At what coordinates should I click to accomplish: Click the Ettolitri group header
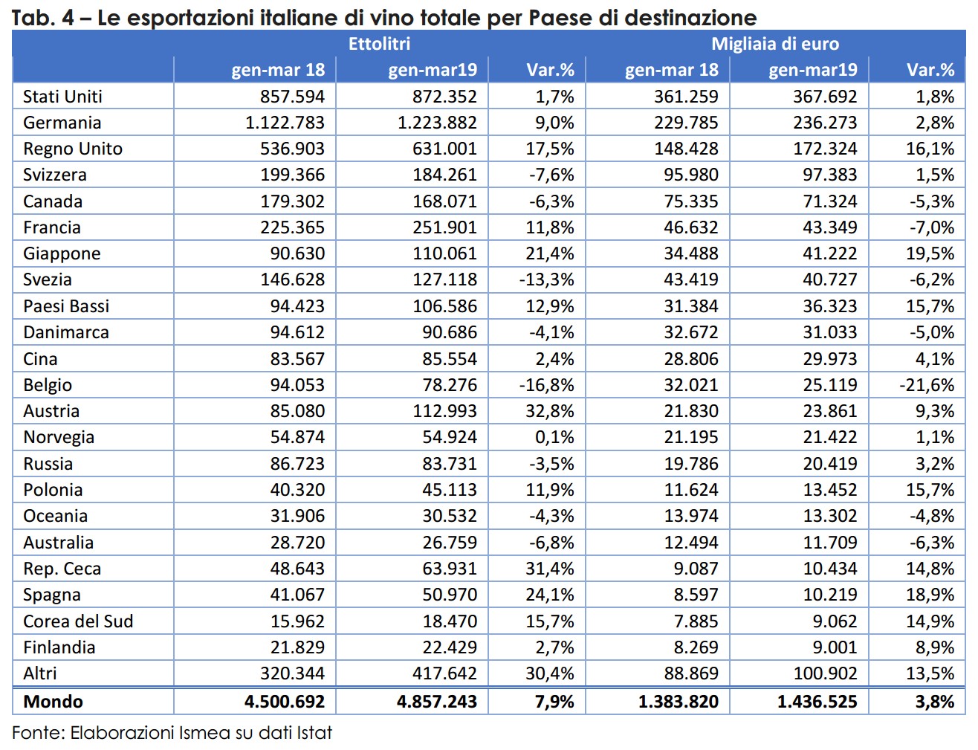(x=380, y=44)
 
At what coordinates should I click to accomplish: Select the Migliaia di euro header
(x=775, y=44)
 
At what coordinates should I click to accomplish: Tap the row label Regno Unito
(x=73, y=149)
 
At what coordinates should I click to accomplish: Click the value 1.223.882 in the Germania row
(x=437, y=123)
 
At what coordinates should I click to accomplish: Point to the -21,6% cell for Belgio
(x=927, y=385)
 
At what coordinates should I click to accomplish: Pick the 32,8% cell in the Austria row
(x=549, y=411)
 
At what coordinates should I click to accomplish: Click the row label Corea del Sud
(x=78, y=621)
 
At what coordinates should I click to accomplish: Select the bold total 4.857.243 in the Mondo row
(x=436, y=702)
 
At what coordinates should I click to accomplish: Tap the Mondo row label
(x=53, y=702)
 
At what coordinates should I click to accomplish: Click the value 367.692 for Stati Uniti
(x=825, y=97)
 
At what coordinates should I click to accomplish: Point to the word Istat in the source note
(x=314, y=733)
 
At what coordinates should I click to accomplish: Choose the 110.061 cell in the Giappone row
(x=444, y=253)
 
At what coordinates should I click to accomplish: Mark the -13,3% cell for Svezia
(x=546, y=279)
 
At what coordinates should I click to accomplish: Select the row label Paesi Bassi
(x=66, y=306)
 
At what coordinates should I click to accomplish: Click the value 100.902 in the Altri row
(x=825, y=673)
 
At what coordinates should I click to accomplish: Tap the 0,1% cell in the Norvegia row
(x=554, y=437)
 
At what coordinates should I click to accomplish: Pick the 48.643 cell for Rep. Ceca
(x=297, y=569)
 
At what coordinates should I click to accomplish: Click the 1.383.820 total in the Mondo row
(x=679, y=702)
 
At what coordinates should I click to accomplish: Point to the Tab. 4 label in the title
(x=43, y=18)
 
